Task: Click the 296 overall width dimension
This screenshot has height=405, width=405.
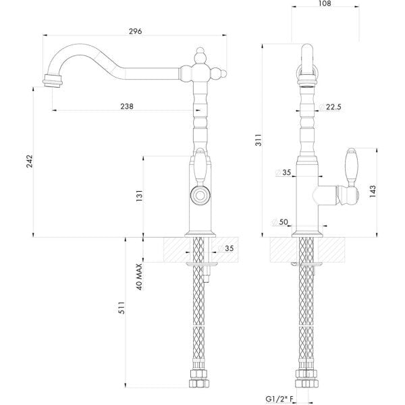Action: coord(136,30)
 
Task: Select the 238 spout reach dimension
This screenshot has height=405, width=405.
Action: coord(126,106)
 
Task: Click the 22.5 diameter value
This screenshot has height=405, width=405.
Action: coord(333,107)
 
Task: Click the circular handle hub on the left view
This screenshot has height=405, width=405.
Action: coord(200,196)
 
